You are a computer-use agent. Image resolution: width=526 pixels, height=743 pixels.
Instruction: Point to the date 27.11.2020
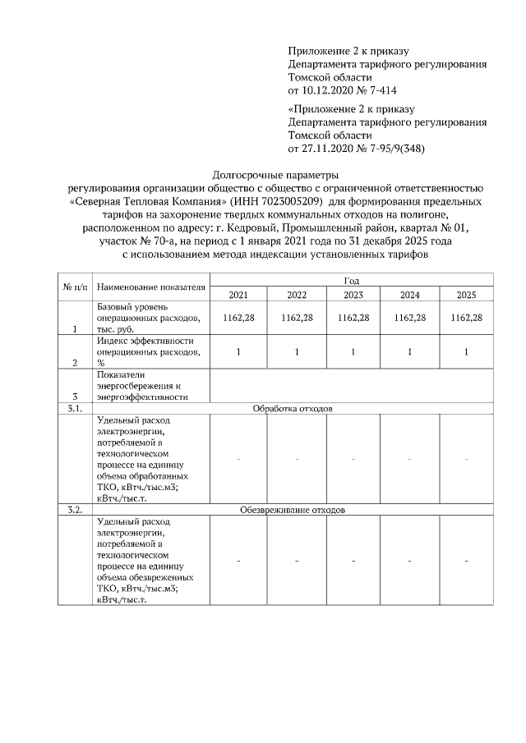coord(330,148)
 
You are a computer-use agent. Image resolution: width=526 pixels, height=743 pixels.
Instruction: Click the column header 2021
coord(238,295)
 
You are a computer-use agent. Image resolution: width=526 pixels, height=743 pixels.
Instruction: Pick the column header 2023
coord(353,295)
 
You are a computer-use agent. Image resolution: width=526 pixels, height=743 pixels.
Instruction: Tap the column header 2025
coord(466,295)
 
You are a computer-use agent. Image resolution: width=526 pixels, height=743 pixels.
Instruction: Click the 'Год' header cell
coord(352,281)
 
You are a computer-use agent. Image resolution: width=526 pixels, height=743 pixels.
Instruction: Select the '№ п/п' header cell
coord(74,287)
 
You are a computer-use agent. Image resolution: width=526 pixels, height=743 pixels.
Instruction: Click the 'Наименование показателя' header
coord(150,287)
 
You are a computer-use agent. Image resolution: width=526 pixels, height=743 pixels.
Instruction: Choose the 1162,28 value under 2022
coord(296,317)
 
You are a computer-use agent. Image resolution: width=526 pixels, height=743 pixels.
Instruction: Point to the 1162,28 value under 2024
coord(409,317)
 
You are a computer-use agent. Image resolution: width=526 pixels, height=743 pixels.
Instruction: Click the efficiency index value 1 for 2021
coord(238,351)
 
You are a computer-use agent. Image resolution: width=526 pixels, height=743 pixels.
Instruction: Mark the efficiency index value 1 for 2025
coord(466,351)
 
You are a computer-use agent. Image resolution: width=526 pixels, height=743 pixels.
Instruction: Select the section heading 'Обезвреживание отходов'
coord(293,510)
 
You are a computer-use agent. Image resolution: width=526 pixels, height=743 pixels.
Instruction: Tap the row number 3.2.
coord(74,510)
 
